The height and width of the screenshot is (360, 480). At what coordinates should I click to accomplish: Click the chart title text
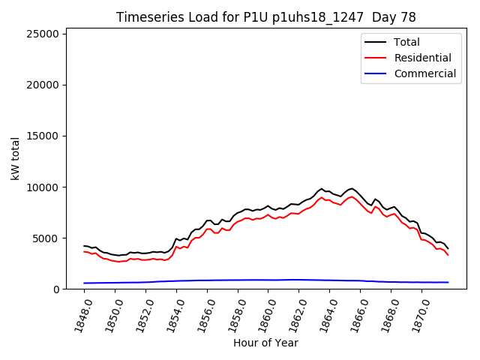(x=266, y=17)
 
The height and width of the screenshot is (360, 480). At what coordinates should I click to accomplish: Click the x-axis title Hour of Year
(x=265, y=343)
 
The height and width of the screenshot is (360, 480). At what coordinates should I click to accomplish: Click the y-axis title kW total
(x=15, y=158)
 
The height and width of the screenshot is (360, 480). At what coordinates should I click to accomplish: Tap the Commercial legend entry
(x=424, y=73)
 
